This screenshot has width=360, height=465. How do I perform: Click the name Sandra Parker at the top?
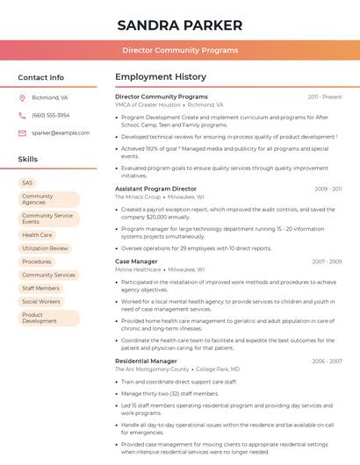[x=180, y=25]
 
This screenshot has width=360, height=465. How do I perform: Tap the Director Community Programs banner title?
[x=180, y=50]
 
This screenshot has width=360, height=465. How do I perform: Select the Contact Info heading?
[x=40, y=77]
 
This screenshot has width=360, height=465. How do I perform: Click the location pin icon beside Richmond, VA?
[x=23, y=98]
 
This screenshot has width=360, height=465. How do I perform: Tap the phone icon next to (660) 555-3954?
[x=23, y=115]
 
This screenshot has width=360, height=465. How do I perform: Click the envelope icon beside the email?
[x=23, y=133]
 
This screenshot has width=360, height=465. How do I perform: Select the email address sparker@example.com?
[x=61, y=133]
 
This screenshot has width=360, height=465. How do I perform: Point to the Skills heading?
[x=28, y=160]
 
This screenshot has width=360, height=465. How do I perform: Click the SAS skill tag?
[x=27, y=182]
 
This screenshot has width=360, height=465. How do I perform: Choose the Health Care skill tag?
[x=37, y=235]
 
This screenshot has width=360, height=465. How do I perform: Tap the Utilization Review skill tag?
[x=45, y=248]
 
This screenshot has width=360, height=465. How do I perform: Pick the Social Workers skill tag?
[x=41, y=301]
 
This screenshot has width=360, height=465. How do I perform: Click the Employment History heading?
[x=161, y=77]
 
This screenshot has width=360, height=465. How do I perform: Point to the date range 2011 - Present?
[x=325, y=97]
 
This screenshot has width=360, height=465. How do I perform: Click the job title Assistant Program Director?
[x=155, y=189]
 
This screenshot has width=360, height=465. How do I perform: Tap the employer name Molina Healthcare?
[x=138, y=269]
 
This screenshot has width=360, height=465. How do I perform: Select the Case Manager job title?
[x=136, y=261]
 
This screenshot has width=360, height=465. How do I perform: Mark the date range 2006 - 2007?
[x=327, y=361]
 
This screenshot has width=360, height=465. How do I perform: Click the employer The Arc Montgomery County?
[x=152, y=369]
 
